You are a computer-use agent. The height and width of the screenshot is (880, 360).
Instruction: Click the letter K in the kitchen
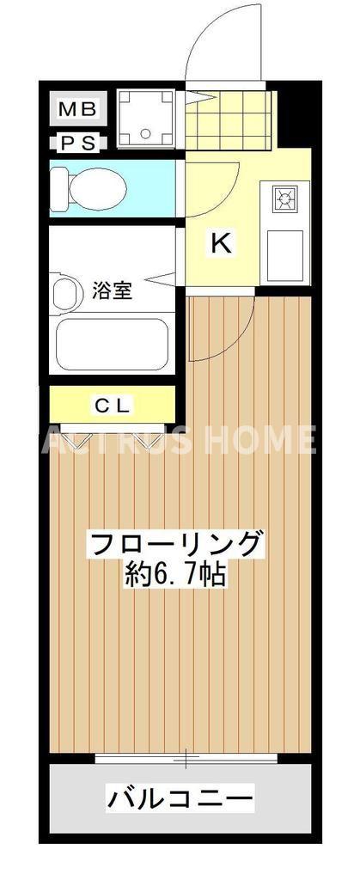click(x=221, y=244)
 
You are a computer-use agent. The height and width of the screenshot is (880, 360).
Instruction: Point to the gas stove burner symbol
click(x=284, y=199)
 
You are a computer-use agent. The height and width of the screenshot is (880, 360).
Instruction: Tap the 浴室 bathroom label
click(x=112, y=290)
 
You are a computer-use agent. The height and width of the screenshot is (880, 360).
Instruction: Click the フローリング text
click(x=174, y=545)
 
